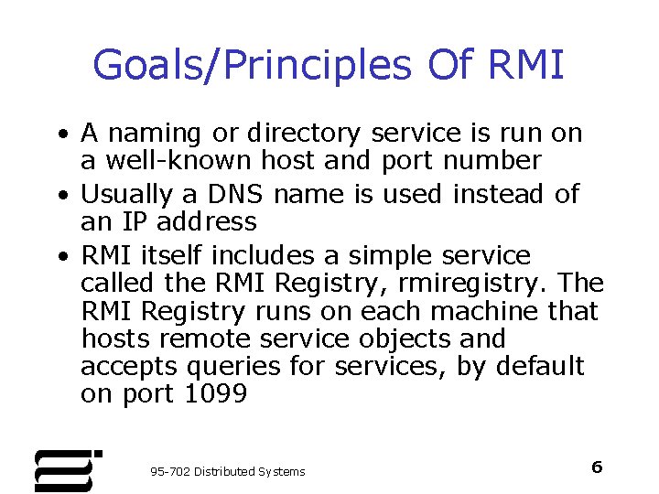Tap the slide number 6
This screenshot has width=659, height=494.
tap(597, 467)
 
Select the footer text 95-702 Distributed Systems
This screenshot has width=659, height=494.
tap(227, 471)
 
